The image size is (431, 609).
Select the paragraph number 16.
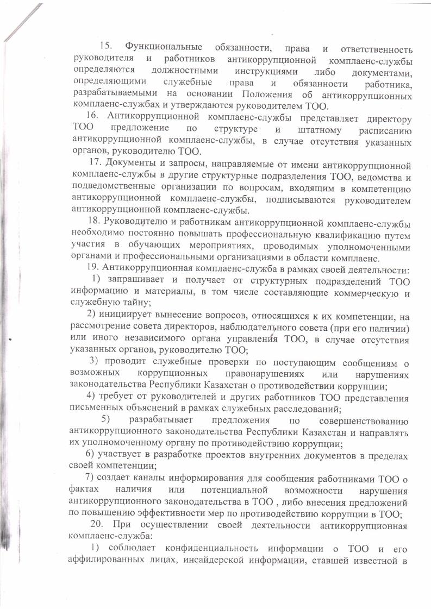point(93,117)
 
